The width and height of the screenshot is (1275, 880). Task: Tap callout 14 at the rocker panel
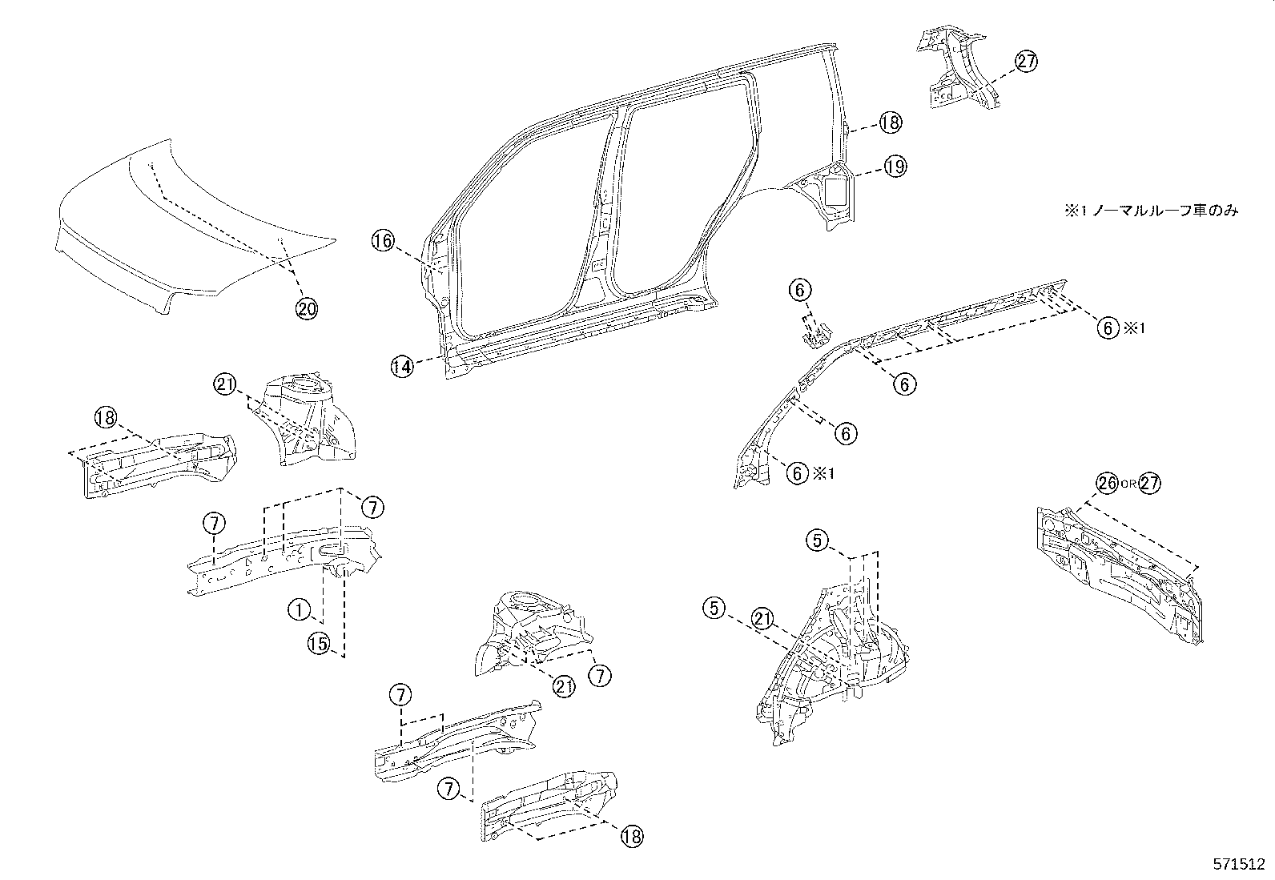coord(403,367)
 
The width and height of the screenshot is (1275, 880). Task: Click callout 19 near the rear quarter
coord(895,167)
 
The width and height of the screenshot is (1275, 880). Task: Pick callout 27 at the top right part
coord(1026,62)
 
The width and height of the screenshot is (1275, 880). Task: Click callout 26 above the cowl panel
coord(1108,484)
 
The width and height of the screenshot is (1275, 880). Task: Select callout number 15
coord(319,642)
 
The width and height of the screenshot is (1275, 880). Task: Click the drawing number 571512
coord(1237,866)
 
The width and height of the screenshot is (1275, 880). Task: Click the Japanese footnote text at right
coord(1150,211)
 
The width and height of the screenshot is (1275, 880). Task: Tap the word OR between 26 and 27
coord(1128,484)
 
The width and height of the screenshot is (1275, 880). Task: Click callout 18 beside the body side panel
coord(890,123)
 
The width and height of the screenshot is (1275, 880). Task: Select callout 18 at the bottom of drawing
coord(631,836)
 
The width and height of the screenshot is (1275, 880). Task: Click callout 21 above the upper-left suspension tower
coord(225,385)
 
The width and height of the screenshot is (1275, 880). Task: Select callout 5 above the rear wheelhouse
coord(816,541)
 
